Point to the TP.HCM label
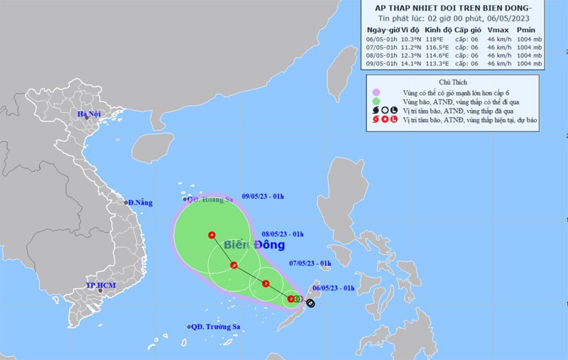pyautogui.click(x=100, y=285)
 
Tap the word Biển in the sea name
pyautogui.click(x=239, y=245)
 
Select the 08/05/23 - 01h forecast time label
pyautogui.click(x=283, y=233)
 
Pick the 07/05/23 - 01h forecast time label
pyautogui.click(x=310, y=263)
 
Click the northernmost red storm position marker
pyautogui.click(x=212, y=235)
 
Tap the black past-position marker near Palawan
pyautogui.click(x=310, y=303)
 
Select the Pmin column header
pyautogui.click(x=525, y=31)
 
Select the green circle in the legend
pyautogui.click(x=376, y=102)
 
